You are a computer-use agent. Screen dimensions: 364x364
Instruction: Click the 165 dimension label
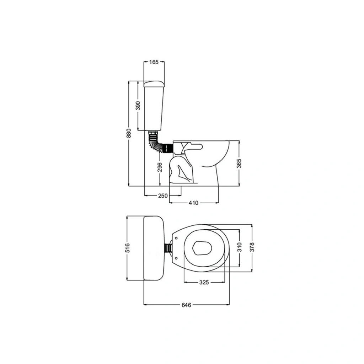pos(154,62)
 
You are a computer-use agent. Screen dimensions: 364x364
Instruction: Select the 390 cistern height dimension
pos(138,106)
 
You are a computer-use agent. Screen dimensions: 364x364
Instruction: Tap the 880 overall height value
pos(129,133)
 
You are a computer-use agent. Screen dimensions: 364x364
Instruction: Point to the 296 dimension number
pos(160,167)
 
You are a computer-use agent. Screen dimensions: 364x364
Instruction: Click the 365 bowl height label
pos(239,163)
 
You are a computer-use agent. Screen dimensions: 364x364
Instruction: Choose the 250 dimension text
pos(163,196)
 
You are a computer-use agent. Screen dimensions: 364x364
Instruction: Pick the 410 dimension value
pos(193,203)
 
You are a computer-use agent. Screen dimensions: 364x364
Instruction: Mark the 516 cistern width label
pos(127,248)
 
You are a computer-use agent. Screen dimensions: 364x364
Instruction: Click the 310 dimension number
pos(240,247)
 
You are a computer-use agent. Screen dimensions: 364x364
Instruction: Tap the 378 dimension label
pos(252,247)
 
